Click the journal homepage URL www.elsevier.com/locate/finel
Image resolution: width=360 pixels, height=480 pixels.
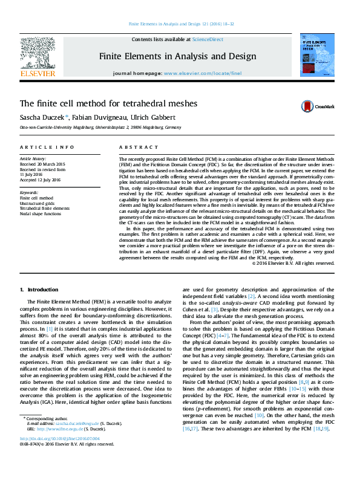click(x=203, y=73)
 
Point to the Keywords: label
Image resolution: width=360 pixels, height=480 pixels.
click(x=30, y=192)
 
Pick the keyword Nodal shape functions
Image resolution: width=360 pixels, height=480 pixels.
click(x=41, y=213)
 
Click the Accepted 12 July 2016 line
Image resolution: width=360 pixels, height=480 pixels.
click(x=41, y=180)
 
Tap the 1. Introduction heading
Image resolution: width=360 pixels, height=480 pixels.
click(x=39, y=290)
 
